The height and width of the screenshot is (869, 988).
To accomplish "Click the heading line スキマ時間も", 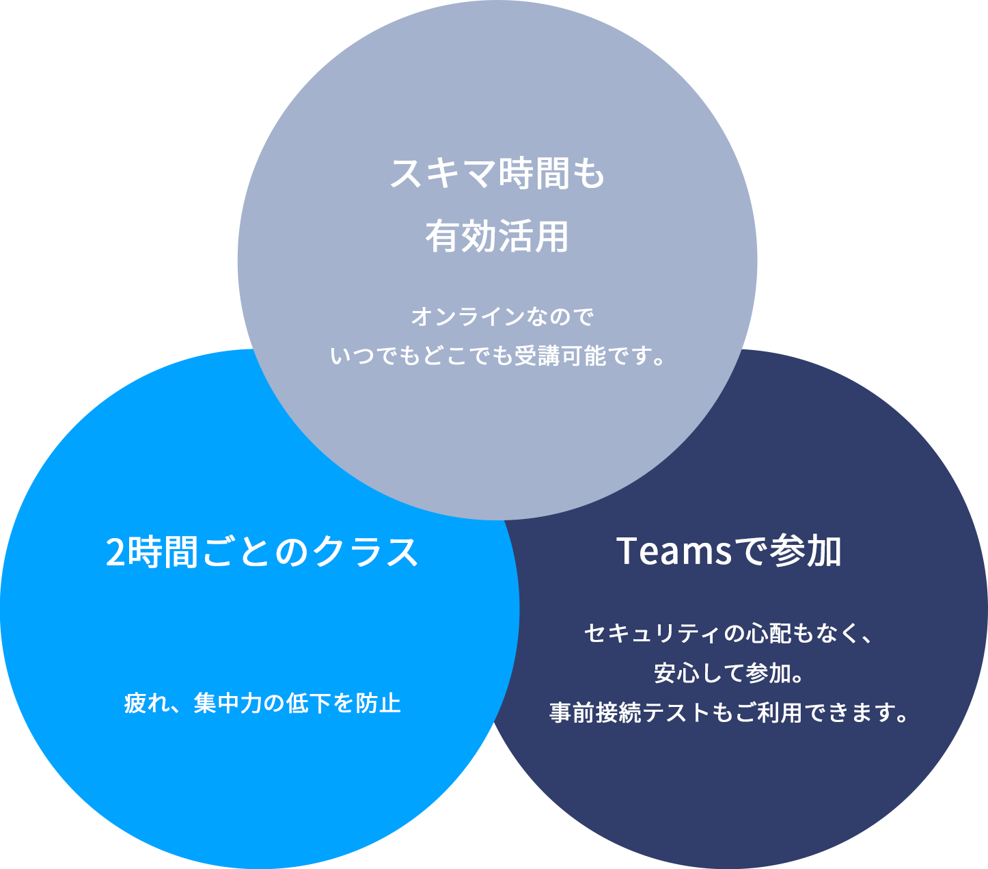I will coord(497,174).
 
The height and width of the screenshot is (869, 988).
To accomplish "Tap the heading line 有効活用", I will coord(497,237).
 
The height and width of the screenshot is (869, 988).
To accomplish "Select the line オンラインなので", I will coord(503,317).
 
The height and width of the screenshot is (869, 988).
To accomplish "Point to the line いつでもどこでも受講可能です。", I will coord(497,356).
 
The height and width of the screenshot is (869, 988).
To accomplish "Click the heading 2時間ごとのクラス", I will coord(262,552).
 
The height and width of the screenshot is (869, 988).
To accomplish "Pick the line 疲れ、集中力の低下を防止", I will coord(262,703).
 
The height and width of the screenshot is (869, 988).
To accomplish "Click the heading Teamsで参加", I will coord(729,551).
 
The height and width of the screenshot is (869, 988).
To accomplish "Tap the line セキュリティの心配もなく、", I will coord(729,633).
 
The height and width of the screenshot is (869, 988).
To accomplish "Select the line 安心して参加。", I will coord(729,673).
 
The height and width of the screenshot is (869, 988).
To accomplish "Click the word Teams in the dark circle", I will coord(674,551).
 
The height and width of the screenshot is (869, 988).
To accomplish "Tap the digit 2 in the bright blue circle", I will coord(115,552).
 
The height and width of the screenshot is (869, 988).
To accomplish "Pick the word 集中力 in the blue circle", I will coord(228,703).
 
